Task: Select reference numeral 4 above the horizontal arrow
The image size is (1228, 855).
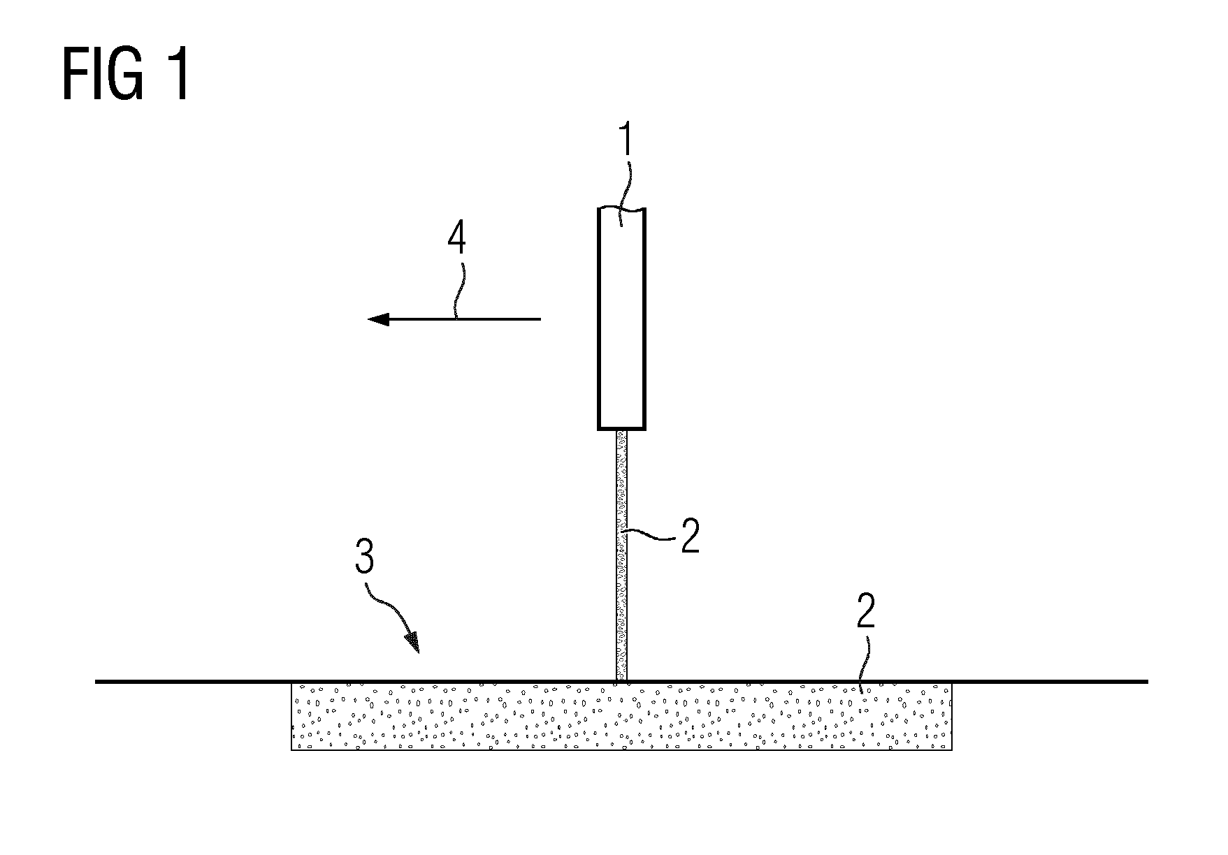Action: (456, 241)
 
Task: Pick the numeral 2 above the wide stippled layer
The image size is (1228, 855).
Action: (865, 613)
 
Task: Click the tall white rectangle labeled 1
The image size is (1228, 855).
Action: (621, 319)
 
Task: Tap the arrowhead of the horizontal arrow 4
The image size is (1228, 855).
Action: (378, 319)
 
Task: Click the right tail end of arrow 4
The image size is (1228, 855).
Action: (541, 319)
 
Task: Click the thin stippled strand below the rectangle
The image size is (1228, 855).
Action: (621, 555)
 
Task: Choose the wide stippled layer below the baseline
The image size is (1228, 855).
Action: (621, 716)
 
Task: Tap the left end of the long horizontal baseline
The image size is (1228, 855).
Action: (96, 681)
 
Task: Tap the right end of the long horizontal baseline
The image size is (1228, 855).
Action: (1148, 681)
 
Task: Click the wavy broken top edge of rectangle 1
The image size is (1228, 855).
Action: (621, 208)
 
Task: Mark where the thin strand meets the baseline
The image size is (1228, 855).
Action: (621, 681)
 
